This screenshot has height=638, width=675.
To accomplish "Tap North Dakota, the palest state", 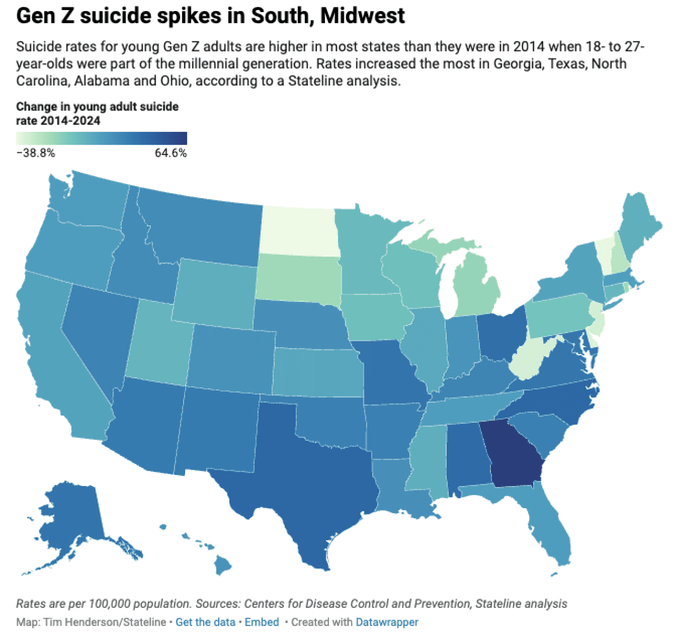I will pos(298,230).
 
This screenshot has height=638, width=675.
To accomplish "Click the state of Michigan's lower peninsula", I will pos(477,288).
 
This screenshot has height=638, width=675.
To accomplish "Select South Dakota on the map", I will pos(298,277).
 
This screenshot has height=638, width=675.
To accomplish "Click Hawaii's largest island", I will pos(223,567).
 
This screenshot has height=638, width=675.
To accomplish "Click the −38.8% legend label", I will pos(36,153).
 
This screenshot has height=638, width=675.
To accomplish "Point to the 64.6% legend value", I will pos(170,153).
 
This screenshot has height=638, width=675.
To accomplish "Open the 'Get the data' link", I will pos(205,622).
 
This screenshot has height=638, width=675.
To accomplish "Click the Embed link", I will pos(262,622).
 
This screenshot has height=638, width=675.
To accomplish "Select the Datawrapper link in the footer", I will pos(387,622).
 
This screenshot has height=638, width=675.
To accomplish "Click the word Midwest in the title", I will pos(362,16).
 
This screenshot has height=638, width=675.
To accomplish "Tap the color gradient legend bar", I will pos(101,138).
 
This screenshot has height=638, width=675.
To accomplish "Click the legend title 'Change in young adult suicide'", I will pos(97,107).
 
